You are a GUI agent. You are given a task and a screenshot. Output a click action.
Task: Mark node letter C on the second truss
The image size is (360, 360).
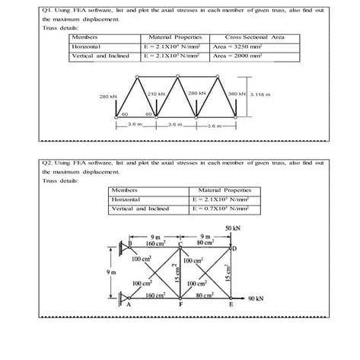(193, 245)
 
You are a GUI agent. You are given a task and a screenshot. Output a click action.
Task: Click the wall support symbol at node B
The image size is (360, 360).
(124, 246)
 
